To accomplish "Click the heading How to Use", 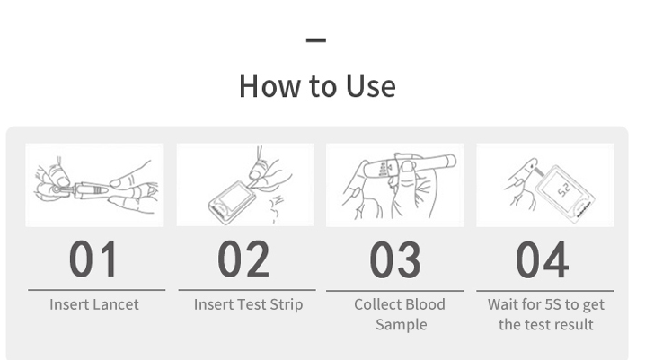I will [x=317, y=86].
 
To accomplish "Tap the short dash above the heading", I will [x=315, y=40].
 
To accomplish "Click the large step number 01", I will [x=94, y=259].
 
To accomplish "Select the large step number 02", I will [x=243, y=259].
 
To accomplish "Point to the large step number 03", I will [x=395, y=259].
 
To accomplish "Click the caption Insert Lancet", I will [x=94, y=304].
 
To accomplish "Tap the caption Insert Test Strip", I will [x=248, y=304].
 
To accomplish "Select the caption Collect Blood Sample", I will [x=400, y=314].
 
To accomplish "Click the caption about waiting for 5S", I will [x=546, y=314].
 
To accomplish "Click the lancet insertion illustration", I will [x=94, y=184].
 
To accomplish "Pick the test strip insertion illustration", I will [x=245, y=184].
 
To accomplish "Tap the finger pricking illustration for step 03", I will [x=395, y=184].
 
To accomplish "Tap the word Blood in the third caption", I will [x=424, y=304].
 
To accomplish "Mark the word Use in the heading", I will [x=370, y=86].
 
